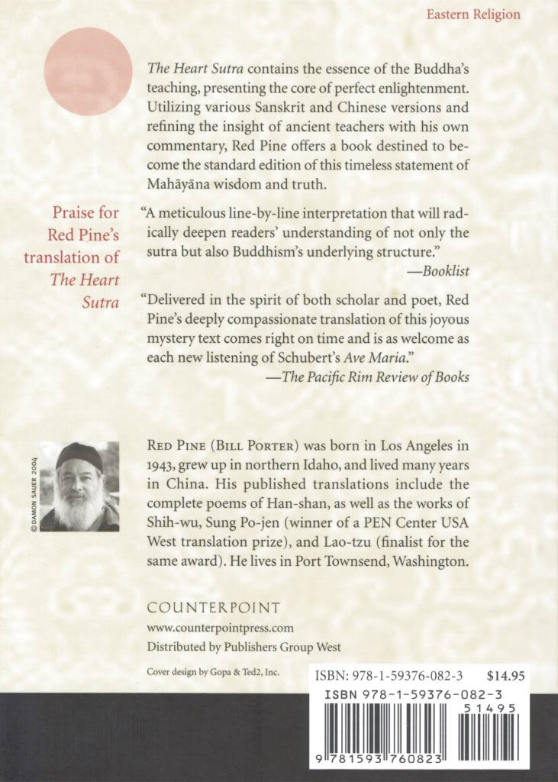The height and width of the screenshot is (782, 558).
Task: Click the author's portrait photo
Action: tap(79, 486)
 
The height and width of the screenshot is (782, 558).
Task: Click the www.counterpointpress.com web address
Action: tap(220, 629)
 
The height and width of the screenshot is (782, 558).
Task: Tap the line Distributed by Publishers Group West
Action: tap(244, 648)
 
